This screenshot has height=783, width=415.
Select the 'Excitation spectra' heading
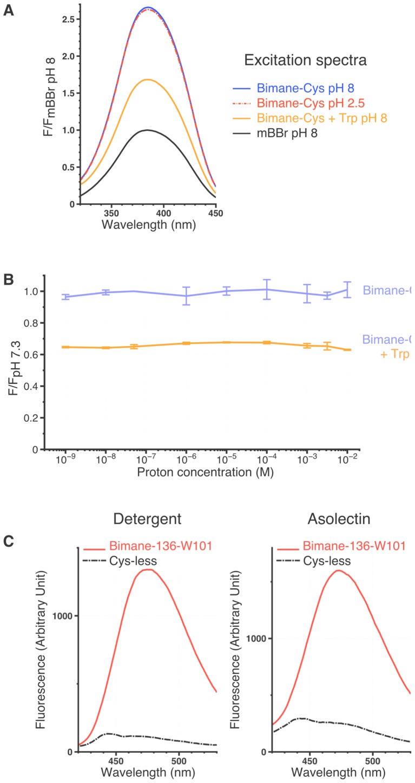[313, 60]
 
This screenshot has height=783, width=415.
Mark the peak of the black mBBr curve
[147, 130]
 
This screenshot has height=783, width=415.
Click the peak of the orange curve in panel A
[147, 79]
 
